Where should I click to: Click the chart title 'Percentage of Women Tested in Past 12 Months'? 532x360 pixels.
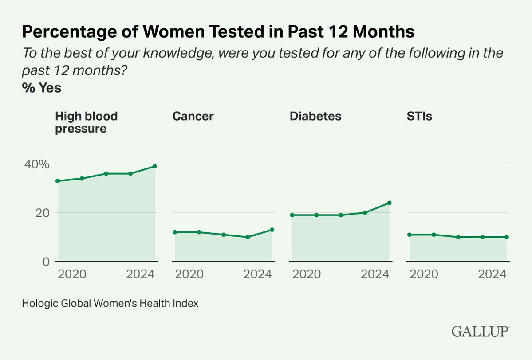[218, 33]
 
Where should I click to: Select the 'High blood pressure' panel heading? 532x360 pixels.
[87, 122]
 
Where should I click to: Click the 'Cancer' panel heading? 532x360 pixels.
[193, 116]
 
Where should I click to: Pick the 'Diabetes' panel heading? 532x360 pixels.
[315, 116]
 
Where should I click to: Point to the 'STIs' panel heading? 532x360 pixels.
[420, 116]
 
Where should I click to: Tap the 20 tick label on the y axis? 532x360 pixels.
[41, 213]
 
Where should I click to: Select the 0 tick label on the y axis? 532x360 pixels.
[46, 262]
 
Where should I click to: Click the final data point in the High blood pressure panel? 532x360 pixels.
[155, 166]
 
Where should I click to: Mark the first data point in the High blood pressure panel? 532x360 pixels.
[58, 181]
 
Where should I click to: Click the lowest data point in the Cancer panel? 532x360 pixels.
[248, 237]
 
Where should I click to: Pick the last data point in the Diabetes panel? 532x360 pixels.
[389, 203]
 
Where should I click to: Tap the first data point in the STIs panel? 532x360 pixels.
[410, 235]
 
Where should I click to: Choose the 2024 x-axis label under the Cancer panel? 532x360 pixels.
[258, 274]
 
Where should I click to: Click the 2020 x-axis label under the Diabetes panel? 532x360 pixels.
[307, 274]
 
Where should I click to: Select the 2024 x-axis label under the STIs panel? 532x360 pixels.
[492, 274]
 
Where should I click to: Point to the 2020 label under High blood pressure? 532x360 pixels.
[72, 274]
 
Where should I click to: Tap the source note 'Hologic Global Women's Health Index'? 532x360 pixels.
[110, 304]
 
